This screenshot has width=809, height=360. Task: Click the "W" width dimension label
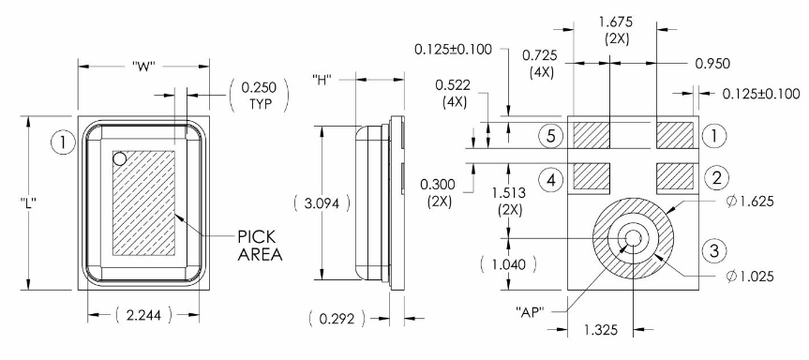coord(144,67)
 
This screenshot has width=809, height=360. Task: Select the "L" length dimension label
coord(29,203)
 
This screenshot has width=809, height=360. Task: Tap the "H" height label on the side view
coord(322,80)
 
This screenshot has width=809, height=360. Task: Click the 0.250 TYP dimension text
coord(259,95)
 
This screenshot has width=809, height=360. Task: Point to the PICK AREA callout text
coord(260,246)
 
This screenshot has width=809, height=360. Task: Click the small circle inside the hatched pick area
coord(120,158)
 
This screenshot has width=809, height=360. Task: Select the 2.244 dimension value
coord(143,315)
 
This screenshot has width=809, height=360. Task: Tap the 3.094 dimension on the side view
coord(322,203)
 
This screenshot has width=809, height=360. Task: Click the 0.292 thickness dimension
coord(337,319)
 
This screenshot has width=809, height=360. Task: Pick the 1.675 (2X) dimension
coord(616,30)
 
